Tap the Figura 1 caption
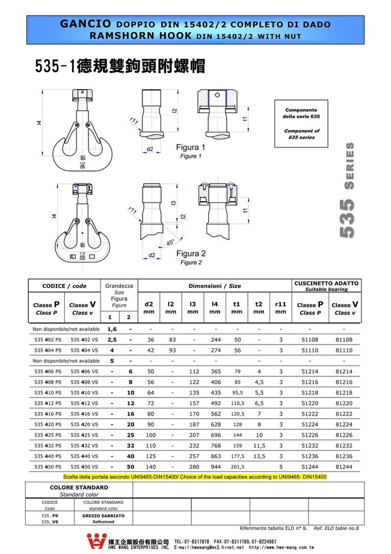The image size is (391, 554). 190,148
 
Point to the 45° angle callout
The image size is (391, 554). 171,242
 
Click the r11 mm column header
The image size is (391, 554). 280,308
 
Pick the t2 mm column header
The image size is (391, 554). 259,308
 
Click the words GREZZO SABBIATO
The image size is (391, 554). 103,516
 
